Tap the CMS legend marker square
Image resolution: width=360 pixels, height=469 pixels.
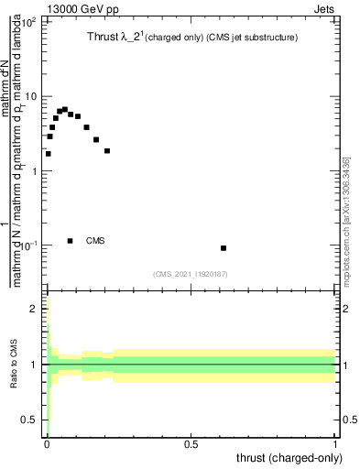[x=71, y=241]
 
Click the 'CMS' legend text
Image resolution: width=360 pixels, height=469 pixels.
[x=95, y=241]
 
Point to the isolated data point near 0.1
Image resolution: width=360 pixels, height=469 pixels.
[x=224, y=248]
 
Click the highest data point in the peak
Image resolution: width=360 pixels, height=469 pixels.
[x=64, y=109]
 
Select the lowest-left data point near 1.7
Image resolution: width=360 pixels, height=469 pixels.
[x=48, y=154]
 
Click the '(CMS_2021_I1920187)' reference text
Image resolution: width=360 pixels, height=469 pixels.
[x=191, y=273]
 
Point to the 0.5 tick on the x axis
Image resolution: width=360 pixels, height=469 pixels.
[x=191, y=443]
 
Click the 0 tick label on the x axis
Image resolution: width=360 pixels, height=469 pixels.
[x=47, y=443]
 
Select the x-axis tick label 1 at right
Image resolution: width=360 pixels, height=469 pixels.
[x=335, y=443]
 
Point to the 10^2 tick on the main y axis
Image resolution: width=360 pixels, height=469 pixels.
[x=29, y=20]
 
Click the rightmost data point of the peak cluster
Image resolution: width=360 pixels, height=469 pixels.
[x=107, y=150]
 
